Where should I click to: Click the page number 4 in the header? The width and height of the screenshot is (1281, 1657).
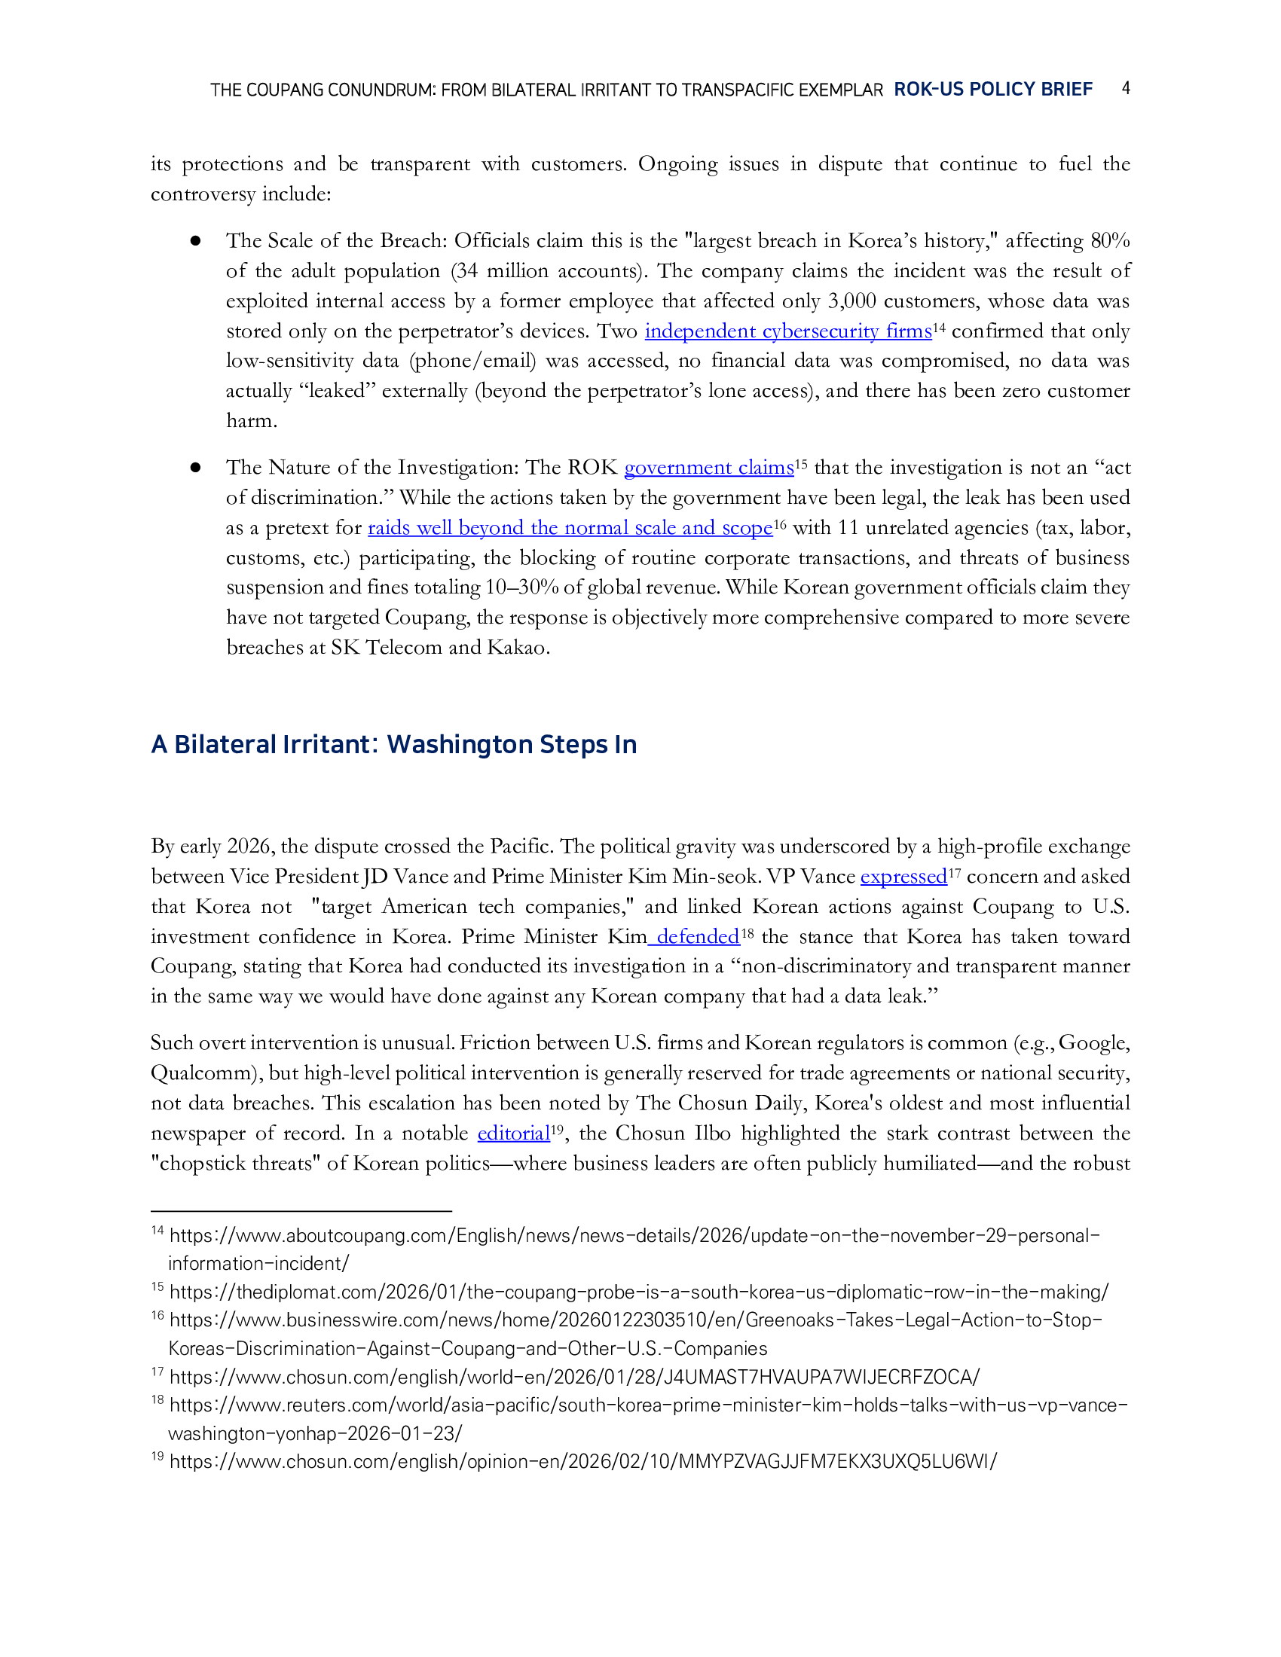(x=1127, y=88)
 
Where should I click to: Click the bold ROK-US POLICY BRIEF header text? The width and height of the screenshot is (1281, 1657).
(x=992, y=90)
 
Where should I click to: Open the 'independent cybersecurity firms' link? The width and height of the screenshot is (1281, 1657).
(x=787, y=331)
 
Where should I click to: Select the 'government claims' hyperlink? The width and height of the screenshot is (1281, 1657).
(x=709, y=468)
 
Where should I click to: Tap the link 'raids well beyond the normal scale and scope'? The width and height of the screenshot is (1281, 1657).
(x=570, y=528)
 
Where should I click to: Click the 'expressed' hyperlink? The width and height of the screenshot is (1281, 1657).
(x=903, y=876)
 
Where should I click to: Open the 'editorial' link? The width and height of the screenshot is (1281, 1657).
(x=513, y=1134)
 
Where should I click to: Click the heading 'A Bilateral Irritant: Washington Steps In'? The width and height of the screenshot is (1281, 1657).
(x=394, y=744)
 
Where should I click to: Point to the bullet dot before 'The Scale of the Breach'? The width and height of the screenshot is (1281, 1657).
(x=196, y=241)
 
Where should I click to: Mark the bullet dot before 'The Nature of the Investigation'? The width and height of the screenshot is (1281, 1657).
(x=196, y=468)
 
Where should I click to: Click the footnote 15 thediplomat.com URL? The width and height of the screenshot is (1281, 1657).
(x=639, y=1292)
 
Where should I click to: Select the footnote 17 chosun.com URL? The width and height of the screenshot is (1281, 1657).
(x=574, y=1377)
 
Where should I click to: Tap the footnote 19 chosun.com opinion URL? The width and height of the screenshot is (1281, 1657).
(x=582, y=1462)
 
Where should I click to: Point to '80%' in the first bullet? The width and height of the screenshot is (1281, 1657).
(x=1109, y=241)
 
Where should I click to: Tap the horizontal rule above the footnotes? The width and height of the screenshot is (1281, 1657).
(x=301, y=1211)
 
